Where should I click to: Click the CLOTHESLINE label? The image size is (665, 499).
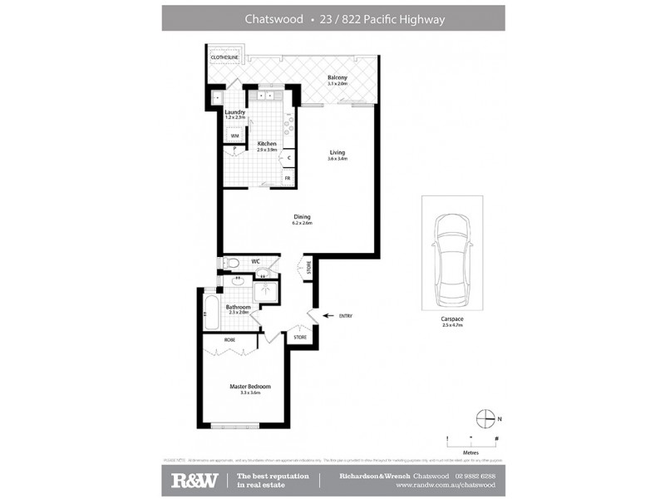[x=225, y=57]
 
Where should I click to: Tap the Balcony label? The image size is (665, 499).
[x=337, y=78]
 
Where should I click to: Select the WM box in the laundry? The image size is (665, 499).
[x=235, y=136]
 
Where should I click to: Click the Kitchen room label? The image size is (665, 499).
[x=266, y=143]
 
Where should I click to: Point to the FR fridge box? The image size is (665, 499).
[x=288, y=178]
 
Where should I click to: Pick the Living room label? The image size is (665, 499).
[x=337, y=152]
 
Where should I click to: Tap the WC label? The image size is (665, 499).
[x=256, y=261]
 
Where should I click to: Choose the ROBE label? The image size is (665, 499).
[x=229, y=339]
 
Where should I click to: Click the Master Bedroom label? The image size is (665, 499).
[x=249, y=387]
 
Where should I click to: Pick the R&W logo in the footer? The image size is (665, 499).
[x=195, y=480]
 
